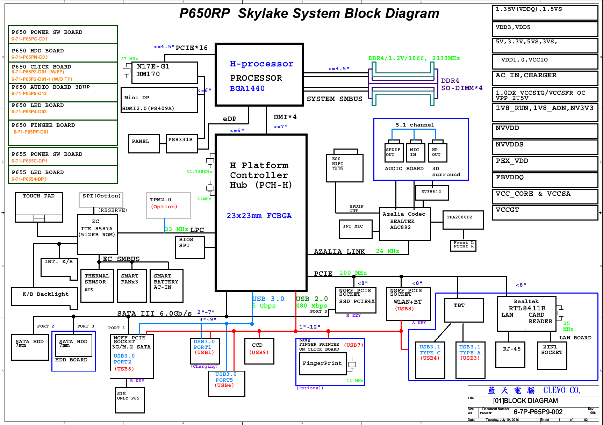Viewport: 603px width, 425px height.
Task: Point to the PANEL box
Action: pos(144,144)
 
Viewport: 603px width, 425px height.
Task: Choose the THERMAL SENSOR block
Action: pos(97,285)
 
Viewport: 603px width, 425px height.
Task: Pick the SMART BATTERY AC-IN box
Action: pos(166,285)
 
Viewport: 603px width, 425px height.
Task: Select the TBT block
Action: pos(464,310)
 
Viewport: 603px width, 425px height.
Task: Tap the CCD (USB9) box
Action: pos(259,351)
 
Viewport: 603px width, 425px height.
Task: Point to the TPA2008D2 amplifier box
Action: pos(463,220)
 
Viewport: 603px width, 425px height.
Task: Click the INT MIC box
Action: pos(356,229)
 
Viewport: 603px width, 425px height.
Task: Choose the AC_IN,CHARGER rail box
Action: pos(545,78)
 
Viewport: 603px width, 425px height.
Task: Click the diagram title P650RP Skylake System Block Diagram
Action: pos(309,14)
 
